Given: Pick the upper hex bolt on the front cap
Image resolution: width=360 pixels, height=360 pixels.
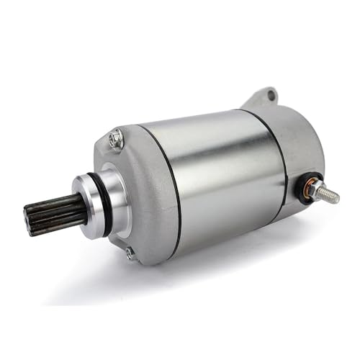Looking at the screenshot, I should (117, 137).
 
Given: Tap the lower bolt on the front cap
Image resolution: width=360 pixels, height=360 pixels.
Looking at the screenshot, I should (130, 252).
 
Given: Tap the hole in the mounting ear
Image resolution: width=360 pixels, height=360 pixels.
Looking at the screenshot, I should (270, 94).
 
